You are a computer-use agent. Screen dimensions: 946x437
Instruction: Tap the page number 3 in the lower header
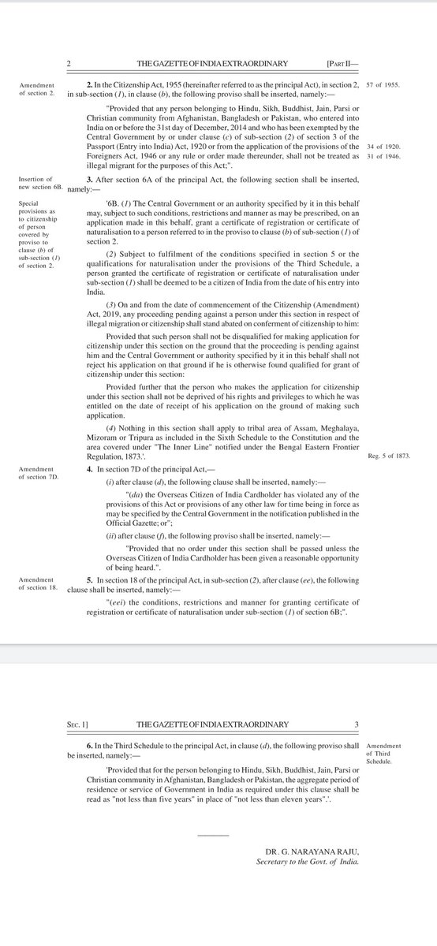pos(357,724)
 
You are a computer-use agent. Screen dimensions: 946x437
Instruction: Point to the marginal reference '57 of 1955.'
pos(386,83)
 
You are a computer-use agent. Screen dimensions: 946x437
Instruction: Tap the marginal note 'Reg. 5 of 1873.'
pos(390,456)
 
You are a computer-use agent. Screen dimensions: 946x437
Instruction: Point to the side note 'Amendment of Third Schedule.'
pos(383,754)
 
